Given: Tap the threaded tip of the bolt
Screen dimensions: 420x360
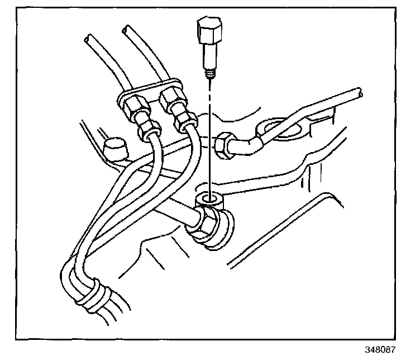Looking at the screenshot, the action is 211,71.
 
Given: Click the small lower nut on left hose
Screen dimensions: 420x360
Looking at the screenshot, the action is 146,131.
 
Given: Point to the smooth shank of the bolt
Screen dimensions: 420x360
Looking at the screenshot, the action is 210,56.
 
